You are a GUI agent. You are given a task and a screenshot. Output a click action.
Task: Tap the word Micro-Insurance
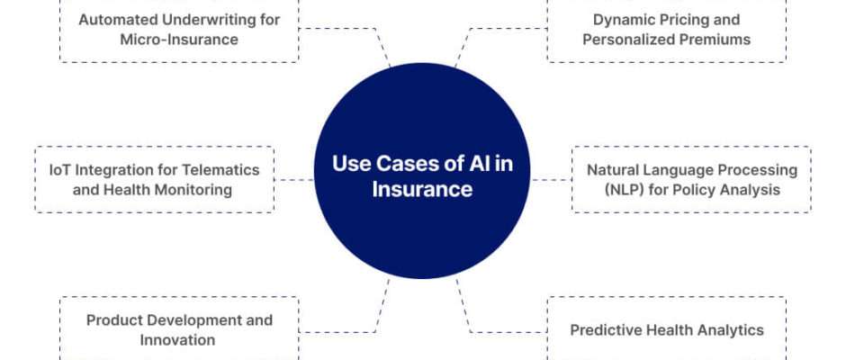tap(179, 40)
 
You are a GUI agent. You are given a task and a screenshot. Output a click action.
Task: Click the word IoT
tap(59, 170)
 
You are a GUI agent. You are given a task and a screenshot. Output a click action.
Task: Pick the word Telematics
tap(220, 170)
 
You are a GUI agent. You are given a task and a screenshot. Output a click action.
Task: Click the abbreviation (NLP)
tap(608, 190)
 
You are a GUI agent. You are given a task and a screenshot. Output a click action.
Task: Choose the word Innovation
tap(177, 340)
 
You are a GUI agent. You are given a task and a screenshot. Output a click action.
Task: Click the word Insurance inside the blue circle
tap(422, 189)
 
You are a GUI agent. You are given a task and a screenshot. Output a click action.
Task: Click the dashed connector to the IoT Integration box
tap(294, 180)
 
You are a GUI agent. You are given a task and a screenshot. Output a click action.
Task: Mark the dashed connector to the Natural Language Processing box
tap(551, 180)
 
